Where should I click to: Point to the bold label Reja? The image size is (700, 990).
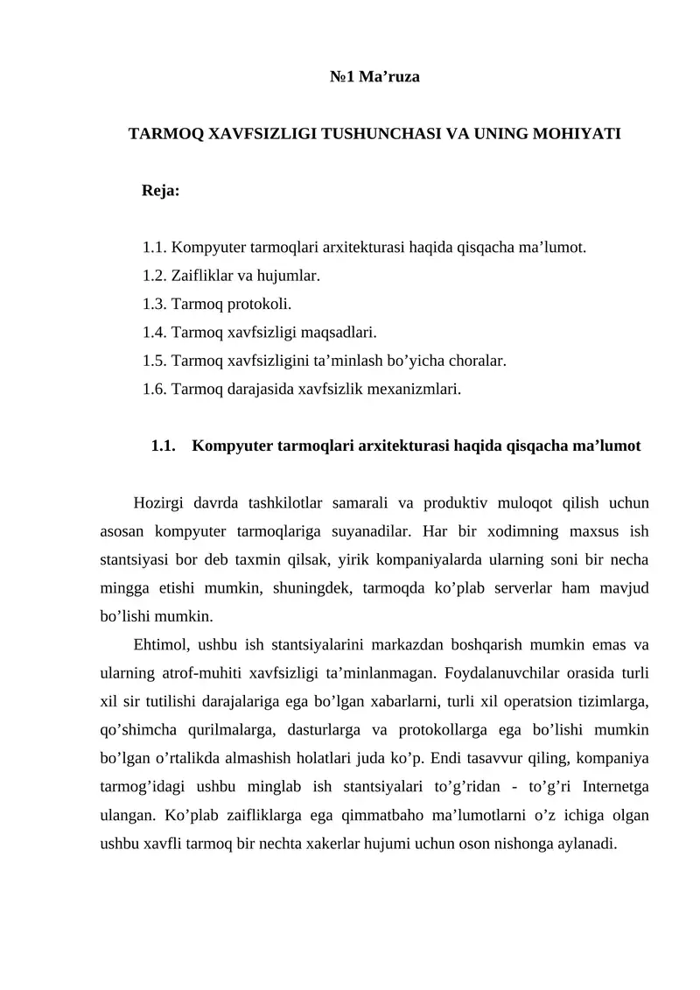[160, 190]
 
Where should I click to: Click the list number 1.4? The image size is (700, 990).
[154, 332]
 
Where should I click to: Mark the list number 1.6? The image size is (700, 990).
[154, 388]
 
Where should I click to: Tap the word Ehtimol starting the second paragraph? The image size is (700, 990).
[161, 645]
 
